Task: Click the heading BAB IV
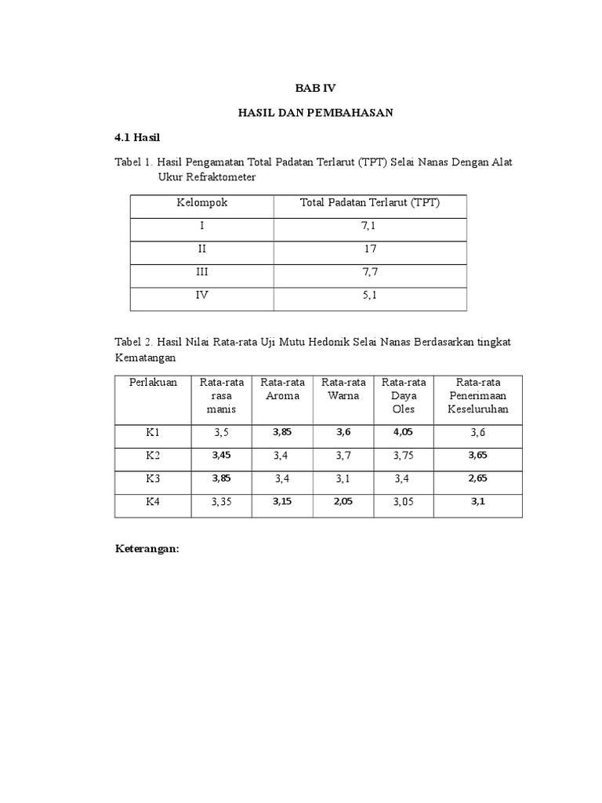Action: tap(315, 89)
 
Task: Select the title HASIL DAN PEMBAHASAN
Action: tap(315, 113)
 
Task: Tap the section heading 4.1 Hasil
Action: tap(137, 137)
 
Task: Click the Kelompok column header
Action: tap(201, 203)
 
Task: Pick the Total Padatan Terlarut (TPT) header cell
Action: tap(370, 203)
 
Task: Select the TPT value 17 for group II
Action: tap(370, 249)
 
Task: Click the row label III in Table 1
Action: tap(201, 272)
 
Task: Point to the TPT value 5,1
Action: tap(370, 296)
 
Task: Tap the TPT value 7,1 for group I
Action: tap(370, 226)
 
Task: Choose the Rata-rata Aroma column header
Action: tap(283, 389)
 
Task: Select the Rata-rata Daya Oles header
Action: tap(404, 396)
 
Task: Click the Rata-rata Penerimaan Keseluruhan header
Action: tap(478, 396)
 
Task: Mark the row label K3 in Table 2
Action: tap(152, 478)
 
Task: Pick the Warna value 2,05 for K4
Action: tap(343, 501)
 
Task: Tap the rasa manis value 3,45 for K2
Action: tap(222, 455)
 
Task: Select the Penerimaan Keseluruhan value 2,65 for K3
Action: tap(478, 478)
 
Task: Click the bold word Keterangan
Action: tap(147, 549)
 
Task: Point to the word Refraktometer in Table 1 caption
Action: tap(217, 178)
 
